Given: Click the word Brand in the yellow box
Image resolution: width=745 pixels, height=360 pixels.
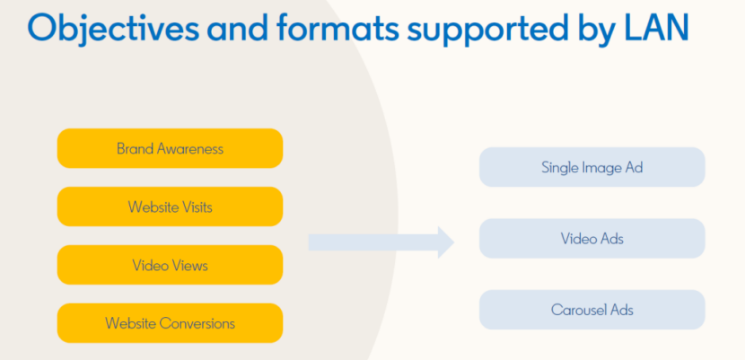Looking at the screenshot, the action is [135, 149].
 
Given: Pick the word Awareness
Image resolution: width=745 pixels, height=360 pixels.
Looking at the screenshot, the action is [190, 149].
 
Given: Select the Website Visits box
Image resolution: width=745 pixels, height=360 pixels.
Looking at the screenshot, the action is [171, 206].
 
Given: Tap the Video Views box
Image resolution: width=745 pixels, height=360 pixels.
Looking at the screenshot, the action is [171, 265].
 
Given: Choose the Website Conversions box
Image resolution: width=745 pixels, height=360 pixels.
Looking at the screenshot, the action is [171, 323].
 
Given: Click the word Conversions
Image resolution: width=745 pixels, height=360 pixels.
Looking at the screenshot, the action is [197, 323].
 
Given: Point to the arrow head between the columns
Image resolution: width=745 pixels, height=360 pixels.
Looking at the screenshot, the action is [446, 242].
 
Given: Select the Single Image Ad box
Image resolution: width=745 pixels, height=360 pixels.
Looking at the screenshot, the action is [592, 167].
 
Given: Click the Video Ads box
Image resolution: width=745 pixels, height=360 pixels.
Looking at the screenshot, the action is [592, 239].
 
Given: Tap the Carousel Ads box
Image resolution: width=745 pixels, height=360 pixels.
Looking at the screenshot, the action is [592, 310].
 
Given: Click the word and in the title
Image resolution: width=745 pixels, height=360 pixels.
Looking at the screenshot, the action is [240, 29].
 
